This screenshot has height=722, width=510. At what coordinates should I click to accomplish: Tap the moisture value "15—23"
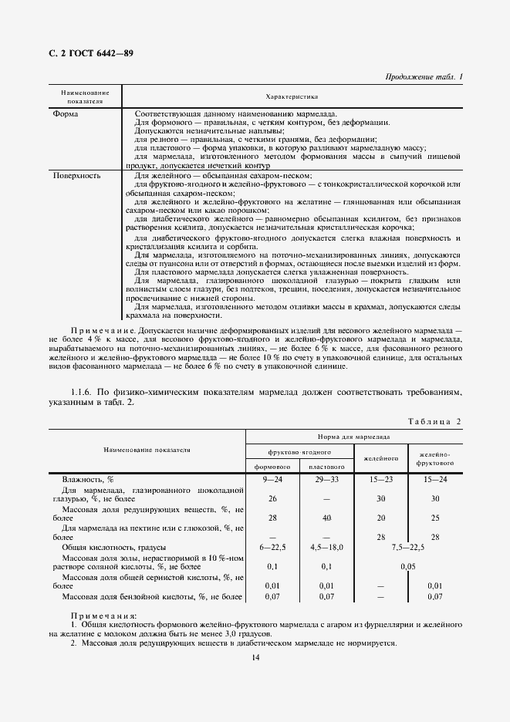(x=381, y=479)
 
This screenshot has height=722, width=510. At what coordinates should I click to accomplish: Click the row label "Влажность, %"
(x=88, y=479)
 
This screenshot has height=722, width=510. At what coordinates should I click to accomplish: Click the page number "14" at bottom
(x=255, y=656)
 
